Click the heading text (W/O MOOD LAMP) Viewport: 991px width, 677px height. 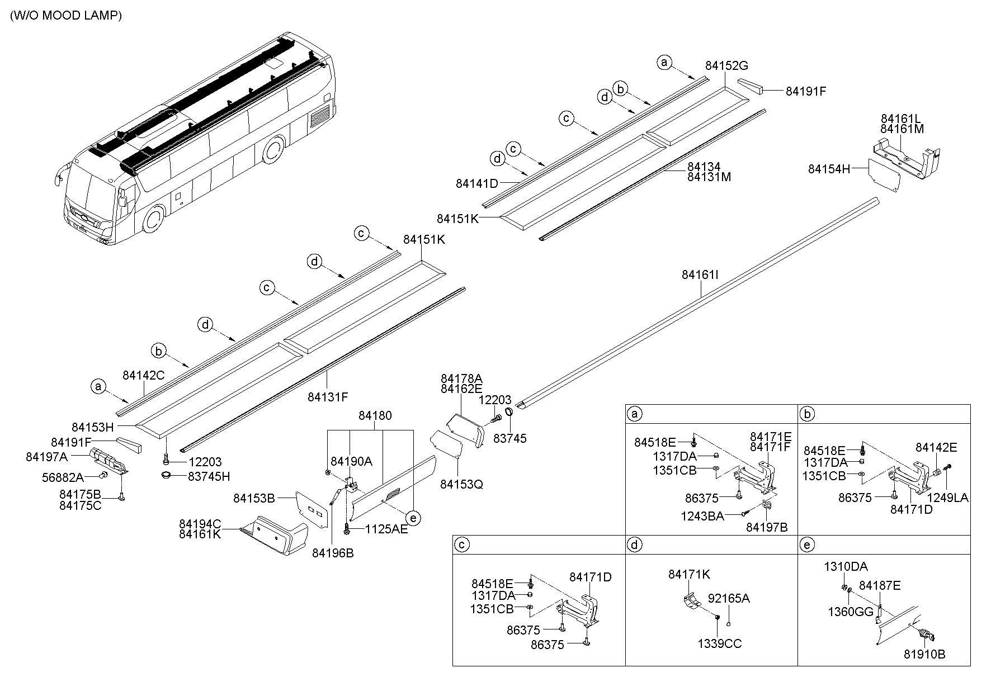tap(66, 15)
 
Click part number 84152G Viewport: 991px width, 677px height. tap(726, 65)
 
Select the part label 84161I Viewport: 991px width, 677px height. tap(700, 275)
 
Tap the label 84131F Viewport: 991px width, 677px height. tap(328, 397)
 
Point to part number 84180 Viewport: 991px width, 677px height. tap(375, 415)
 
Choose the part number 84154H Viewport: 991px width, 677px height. tap(829, 168)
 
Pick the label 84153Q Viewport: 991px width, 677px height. tap(461, 484)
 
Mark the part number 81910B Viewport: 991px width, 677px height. tap(924, 654)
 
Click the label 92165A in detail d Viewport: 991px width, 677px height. tap(729, 598)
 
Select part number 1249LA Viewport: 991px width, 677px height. tap(947, 498)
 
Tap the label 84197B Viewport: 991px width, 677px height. tap(767, 527)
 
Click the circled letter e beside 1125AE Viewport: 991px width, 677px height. tap(413, 518)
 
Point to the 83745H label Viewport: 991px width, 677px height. tap(209, 476)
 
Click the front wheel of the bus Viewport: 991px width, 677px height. tap(153, 219)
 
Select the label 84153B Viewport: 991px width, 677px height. tap(254, 498)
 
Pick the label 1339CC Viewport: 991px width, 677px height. tap(720, 643)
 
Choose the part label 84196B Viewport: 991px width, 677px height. tap(333, 553)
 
